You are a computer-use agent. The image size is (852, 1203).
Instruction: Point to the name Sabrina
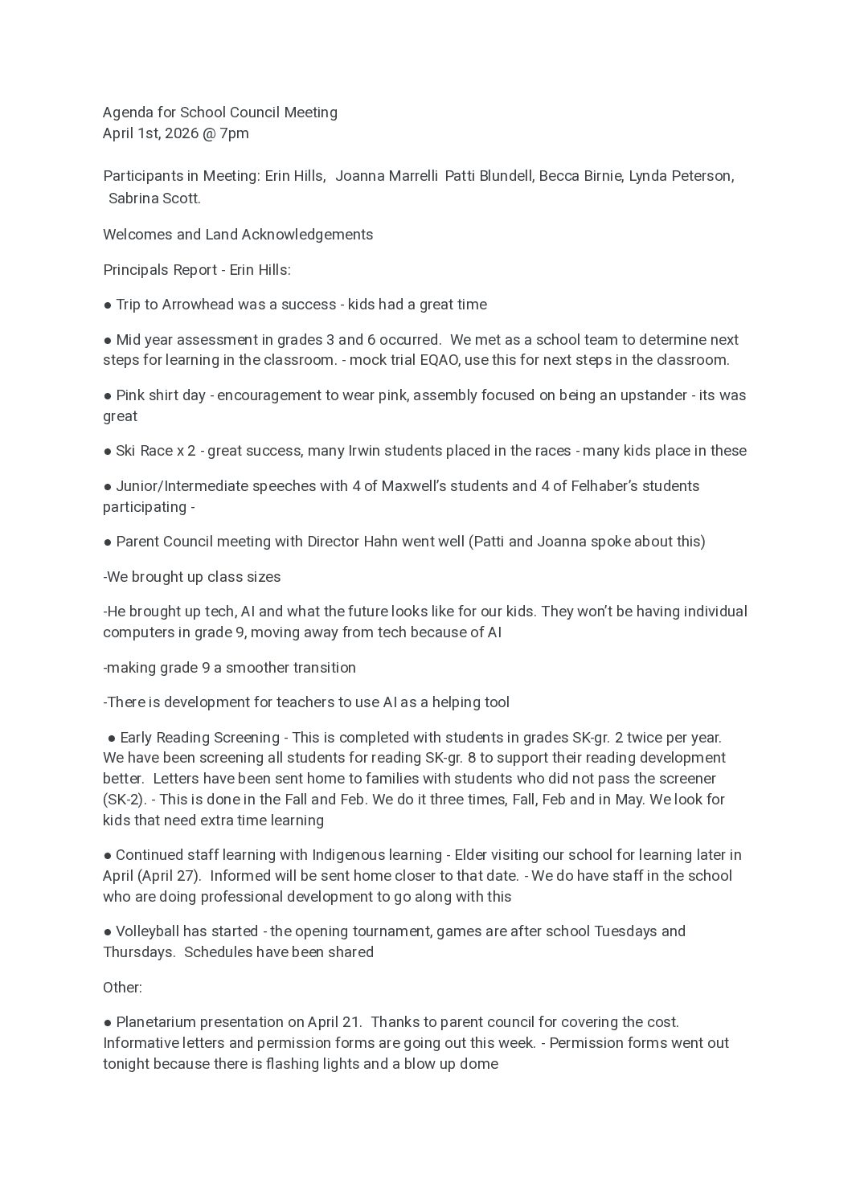click(135, 198)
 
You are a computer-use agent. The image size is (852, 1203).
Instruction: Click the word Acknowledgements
click(307, 235)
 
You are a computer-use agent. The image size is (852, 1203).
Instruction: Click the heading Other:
click(122, 988)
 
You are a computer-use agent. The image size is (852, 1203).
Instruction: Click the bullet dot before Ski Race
click(107, 452)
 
